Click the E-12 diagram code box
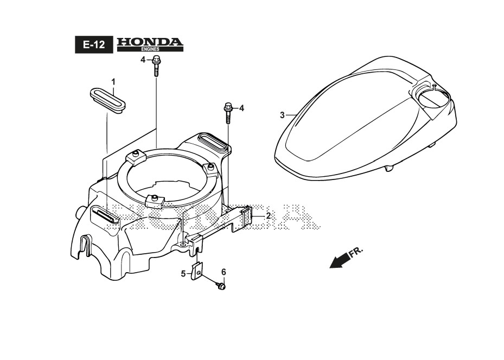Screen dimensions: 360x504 (94, 45)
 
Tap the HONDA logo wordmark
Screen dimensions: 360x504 (150, 42)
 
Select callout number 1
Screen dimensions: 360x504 (113, 81)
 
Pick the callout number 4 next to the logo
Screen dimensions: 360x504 (143, 60)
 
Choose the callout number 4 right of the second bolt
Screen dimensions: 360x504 (241, 108)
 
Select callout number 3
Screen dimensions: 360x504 (282, 115)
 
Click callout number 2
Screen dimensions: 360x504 (268, 216)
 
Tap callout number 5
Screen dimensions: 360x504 (183, 273)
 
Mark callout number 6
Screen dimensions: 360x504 (223, 272)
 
